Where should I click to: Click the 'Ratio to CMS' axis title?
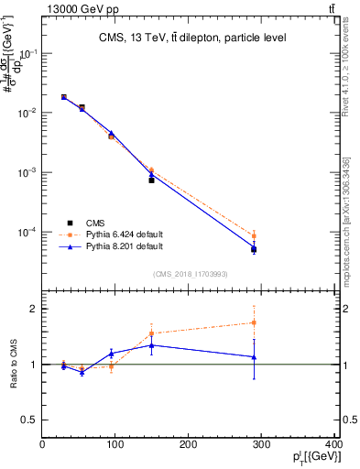tap(12, 365)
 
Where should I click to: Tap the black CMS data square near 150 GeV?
tap(151, 180)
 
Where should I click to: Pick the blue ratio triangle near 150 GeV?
tap(151, 344)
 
